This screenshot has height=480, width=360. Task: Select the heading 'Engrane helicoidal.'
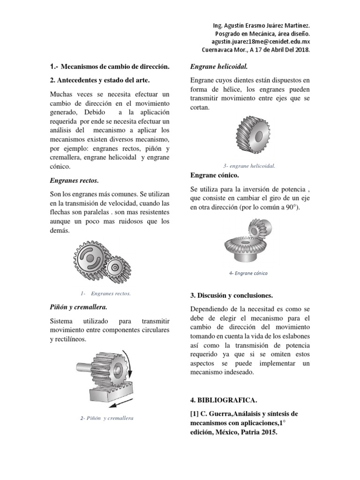click(x=219, y=67)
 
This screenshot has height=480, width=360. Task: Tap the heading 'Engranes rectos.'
click(x=74, y=180)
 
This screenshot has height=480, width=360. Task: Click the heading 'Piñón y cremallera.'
click(x=78, y=307)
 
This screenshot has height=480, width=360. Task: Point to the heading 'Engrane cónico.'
click(x=215, y=175)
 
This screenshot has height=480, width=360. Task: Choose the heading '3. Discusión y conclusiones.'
click(x=232, y=296)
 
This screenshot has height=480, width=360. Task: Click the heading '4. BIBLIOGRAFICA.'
click(x=224, y=400)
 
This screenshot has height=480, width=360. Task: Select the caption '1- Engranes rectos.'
click(x=105, y=293)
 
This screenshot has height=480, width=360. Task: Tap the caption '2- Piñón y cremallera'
click(x=106, y=418)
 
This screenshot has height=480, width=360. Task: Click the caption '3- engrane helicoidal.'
click(x=249, y=166)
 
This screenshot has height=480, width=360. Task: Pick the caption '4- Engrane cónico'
click(x=248, y=273)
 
